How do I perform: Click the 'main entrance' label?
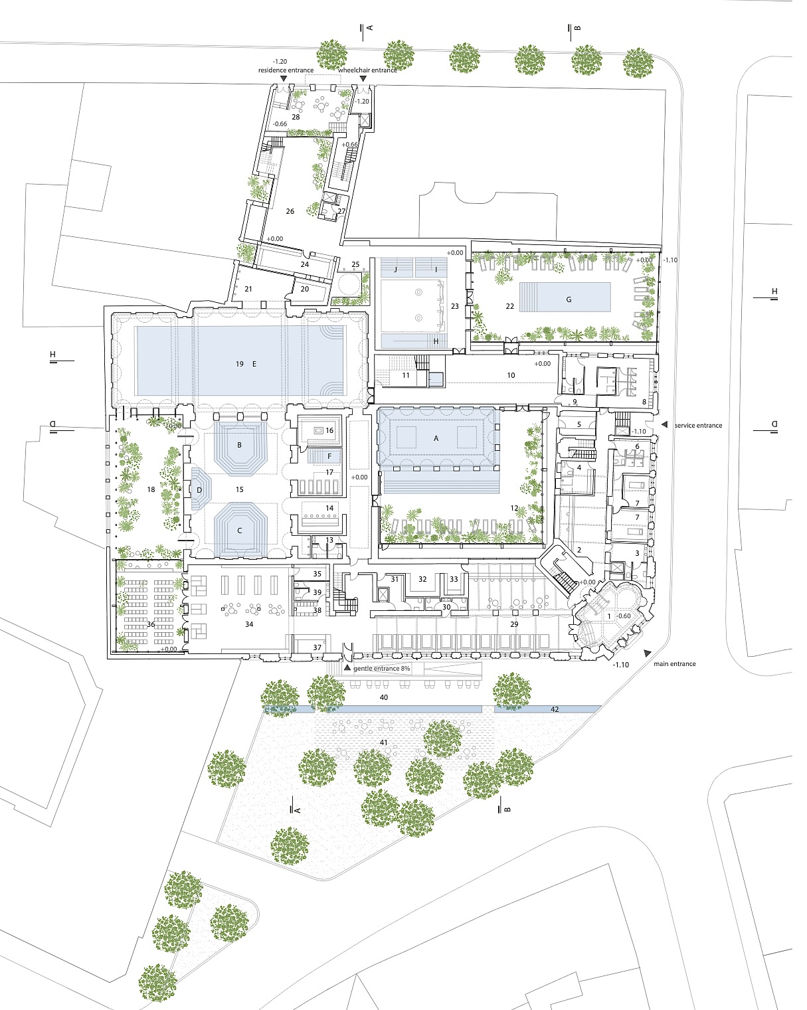coord(675,663)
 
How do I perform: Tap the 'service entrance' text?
coord(698,425)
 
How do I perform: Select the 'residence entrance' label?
coord(286,70)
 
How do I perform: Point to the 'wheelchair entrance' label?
coord(367,70)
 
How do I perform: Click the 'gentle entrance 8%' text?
coord(382,668)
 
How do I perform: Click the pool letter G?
coord(569,299)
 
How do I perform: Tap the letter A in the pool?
coord(436,438)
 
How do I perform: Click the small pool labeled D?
coord(200,490)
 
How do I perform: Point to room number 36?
coord(151,624)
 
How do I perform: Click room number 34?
coord(249,624)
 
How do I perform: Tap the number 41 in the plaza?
coord(383,742)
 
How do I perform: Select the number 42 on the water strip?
coord(555,709)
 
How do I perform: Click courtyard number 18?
coord(151,489)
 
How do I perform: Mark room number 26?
coord(290,211)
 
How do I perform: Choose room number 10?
coord(511,375)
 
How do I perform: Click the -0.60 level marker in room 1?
coord(624,616)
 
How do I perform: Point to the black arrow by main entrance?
coord(648,653)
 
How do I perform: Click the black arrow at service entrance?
coord(664,424)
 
